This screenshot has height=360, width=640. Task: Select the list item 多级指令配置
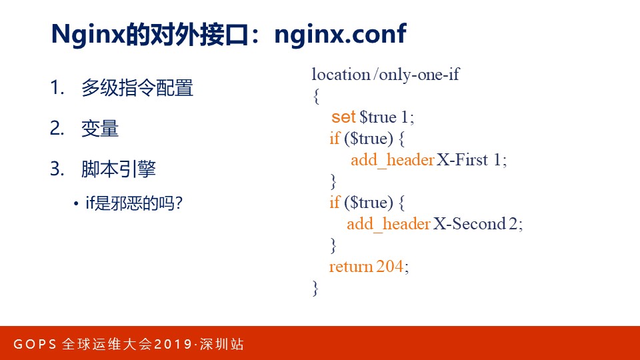137,88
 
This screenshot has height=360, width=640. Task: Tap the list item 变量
100,128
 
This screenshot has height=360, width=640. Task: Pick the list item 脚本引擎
119,169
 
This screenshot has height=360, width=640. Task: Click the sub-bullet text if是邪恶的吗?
134,203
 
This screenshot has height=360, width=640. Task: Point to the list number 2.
57,128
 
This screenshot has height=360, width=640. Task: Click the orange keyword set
343,117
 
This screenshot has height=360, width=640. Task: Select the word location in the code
341,74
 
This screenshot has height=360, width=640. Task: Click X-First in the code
462,159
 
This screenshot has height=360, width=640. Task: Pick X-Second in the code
469,224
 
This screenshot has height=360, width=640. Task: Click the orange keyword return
351,267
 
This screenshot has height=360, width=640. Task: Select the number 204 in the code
390,267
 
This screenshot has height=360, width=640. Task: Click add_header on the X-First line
392,160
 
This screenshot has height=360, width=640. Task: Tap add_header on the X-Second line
389,224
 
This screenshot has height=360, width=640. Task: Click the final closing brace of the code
315,288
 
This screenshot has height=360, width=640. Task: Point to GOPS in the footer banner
35,344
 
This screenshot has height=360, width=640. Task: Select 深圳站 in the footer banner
221,344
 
